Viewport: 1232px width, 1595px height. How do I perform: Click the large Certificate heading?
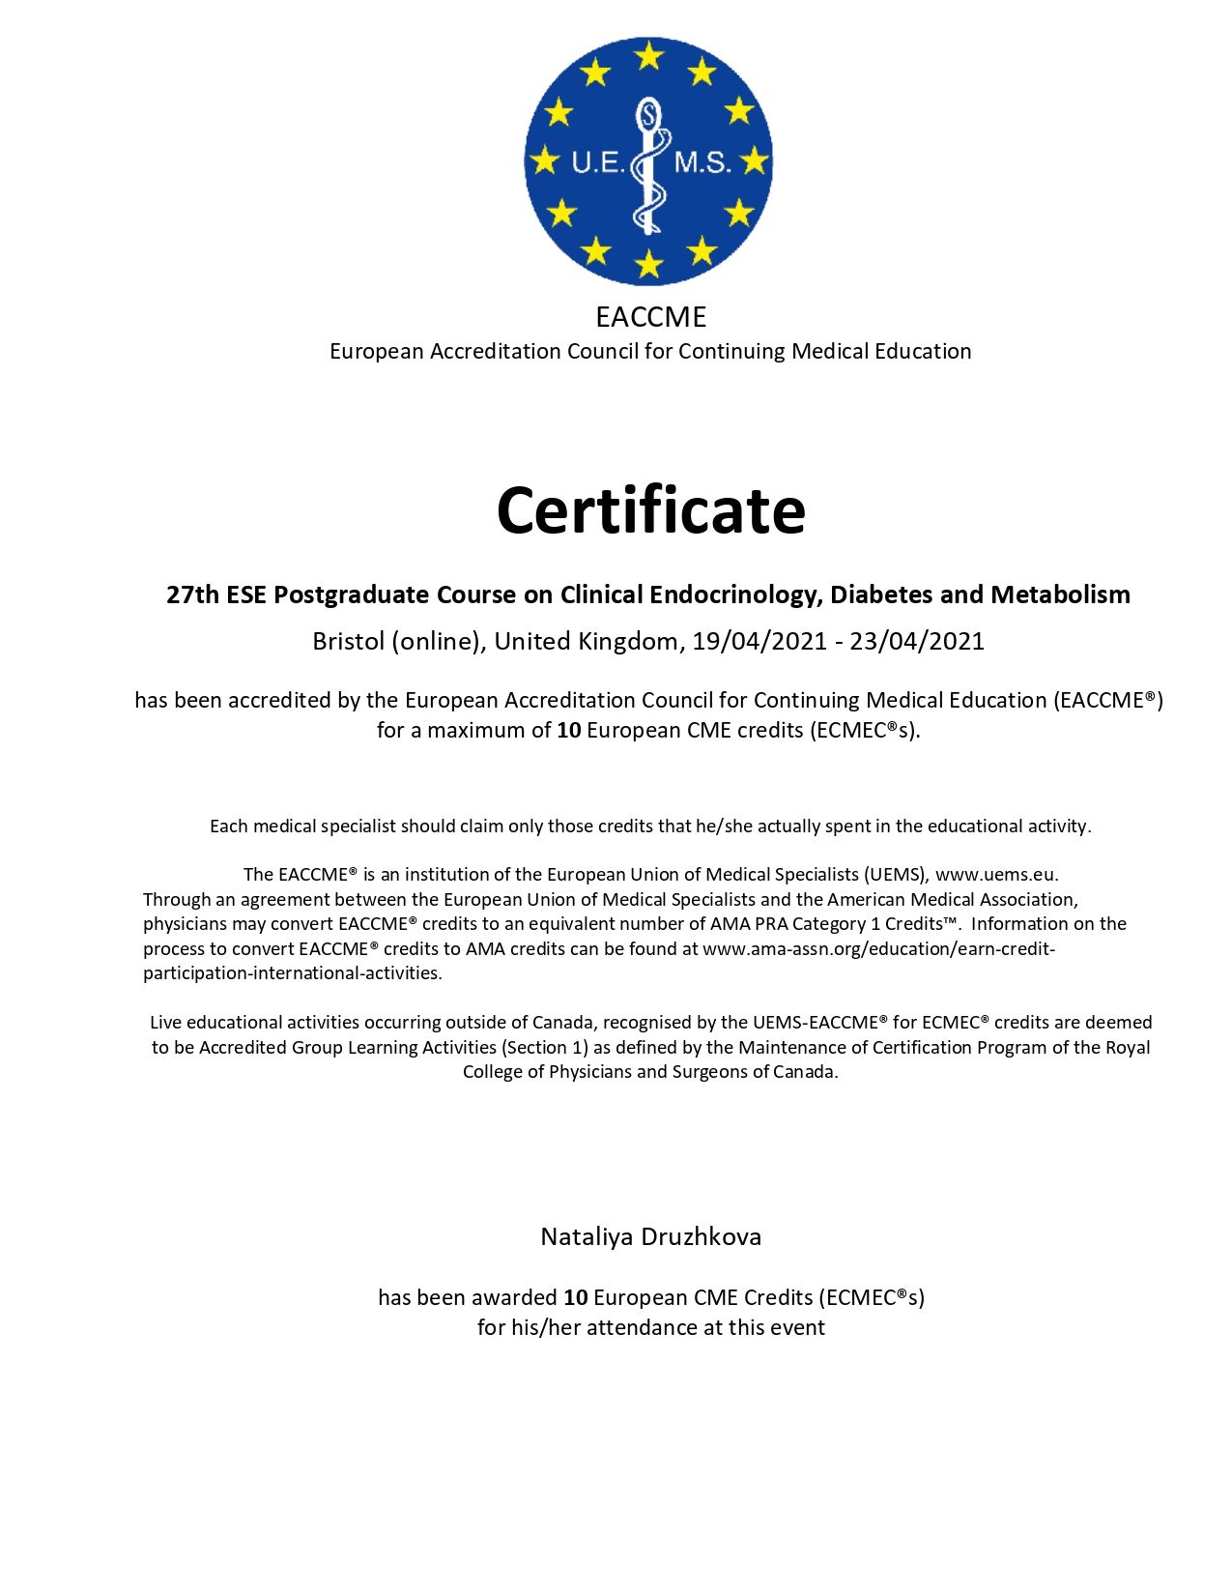[650, 510]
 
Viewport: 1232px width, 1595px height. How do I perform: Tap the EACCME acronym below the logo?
[650, 317]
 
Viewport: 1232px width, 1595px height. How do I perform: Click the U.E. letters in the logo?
[599, 162]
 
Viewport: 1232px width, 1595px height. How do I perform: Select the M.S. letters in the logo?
[702, 162]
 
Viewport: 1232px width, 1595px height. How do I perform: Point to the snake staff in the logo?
[649, 164]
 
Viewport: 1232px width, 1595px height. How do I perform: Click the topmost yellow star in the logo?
[649, 55]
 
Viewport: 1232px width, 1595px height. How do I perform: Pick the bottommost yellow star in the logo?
[649, 263]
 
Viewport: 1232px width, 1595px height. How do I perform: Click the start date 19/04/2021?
[759, 642]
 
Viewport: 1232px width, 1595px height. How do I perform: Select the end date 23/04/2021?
[917, 642]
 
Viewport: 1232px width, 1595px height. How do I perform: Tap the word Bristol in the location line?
[348, 642]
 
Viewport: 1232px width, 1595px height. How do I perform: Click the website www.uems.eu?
[995, 875]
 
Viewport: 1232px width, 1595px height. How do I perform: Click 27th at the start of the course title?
[193, 594]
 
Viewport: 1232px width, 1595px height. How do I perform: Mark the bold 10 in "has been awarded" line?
[576, 1297]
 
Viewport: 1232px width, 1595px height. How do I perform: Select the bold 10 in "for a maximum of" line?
[569, 730]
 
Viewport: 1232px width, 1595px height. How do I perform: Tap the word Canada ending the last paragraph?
[808, 1072]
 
